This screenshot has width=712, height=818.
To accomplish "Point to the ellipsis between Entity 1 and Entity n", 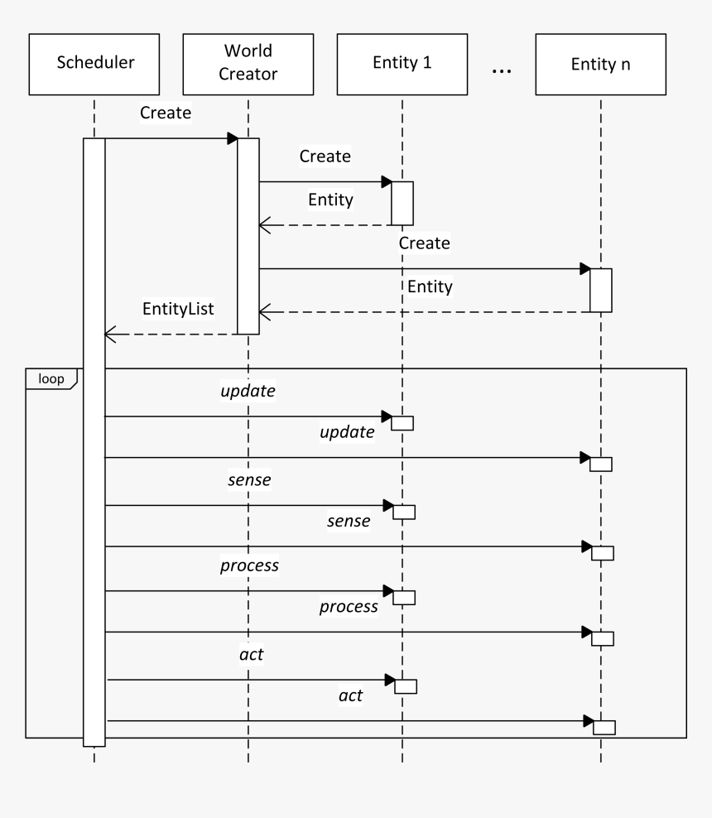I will [502, 72].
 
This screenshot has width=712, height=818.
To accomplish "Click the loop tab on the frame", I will [51, 378].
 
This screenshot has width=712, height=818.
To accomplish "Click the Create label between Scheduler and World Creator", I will [166, 113].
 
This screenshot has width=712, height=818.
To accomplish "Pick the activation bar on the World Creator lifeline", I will [248, 236].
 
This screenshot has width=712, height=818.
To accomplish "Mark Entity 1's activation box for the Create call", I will [402, 203].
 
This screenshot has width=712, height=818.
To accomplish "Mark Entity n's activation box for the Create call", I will [601, 290].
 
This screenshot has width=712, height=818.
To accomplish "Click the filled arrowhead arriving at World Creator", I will [233, 138].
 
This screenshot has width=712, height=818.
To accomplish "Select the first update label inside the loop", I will [248, 390].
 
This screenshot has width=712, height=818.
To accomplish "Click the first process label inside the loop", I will [248, 565].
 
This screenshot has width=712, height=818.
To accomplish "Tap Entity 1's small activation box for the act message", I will [406, 686].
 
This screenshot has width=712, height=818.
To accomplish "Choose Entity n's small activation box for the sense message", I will [603, 553].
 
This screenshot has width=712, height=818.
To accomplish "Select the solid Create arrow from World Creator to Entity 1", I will [323, 181].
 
